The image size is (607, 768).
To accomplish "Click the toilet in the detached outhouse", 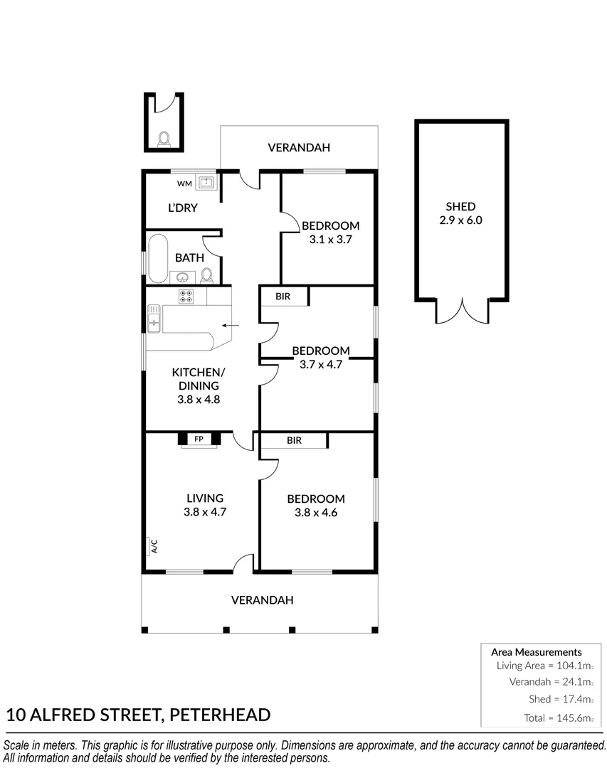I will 164,139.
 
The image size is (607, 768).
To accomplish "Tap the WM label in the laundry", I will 184,183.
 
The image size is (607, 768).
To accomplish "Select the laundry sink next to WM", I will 206,183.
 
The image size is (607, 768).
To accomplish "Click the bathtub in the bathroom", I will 158,257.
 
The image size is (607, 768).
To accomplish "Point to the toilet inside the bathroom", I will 206,274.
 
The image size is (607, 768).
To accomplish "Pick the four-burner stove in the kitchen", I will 186,297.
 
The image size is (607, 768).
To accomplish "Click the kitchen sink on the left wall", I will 154,318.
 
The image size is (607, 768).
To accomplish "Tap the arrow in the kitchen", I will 231,326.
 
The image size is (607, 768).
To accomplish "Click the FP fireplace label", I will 199,439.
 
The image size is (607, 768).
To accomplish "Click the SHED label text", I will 460,206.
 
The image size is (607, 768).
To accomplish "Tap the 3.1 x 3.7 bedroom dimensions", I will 330,240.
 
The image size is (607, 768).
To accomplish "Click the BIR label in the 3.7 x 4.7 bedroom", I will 283,296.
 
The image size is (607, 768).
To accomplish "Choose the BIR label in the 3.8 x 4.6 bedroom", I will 294,440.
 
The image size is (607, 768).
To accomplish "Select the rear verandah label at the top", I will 299,148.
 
